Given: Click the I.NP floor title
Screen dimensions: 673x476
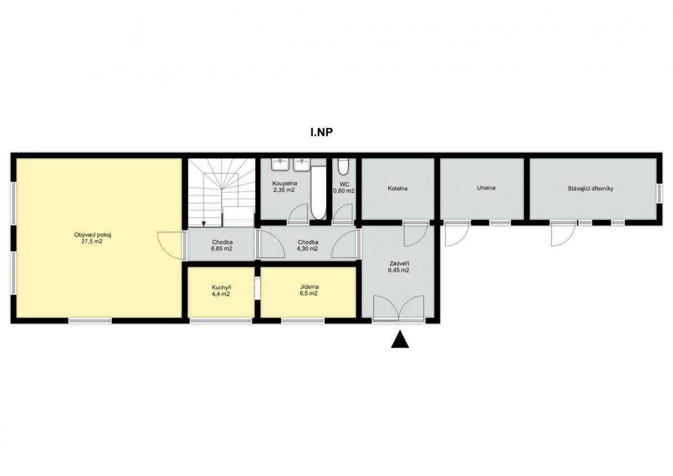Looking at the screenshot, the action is [x=321, y=132].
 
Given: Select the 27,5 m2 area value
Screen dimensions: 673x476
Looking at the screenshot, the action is [x=92, y=241].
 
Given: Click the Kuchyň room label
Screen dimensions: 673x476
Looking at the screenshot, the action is [x=222, y=288].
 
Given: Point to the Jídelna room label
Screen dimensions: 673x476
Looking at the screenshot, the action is [x=309, y=287].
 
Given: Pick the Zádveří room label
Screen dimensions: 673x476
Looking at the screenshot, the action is [x=399, y=264].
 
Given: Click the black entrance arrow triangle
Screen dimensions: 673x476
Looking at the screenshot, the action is [x=399, y=339].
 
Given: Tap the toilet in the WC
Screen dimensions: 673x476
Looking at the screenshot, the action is [x=343, y=167].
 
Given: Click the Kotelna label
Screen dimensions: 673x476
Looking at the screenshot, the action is [x=398, y=188].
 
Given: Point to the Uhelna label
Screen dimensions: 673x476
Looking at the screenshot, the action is [x=486, y=188].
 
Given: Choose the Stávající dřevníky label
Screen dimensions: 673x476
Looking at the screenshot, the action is [x=591, y=189].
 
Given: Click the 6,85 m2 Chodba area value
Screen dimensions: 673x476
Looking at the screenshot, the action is [x=222, y=249].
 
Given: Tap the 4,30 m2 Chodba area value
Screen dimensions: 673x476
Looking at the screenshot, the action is [x=307, y=249].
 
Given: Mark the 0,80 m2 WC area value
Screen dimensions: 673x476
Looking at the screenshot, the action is [x=344, y=191].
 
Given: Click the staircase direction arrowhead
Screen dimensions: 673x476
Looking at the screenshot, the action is [x=204, y=224].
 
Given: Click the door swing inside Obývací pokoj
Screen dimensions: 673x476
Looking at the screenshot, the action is [x=170, y=246].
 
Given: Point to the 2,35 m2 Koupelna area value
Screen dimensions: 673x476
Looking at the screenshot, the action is [x=284, y=190].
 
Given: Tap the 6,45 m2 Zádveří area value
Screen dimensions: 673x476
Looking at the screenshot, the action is [x=399, y=270].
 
